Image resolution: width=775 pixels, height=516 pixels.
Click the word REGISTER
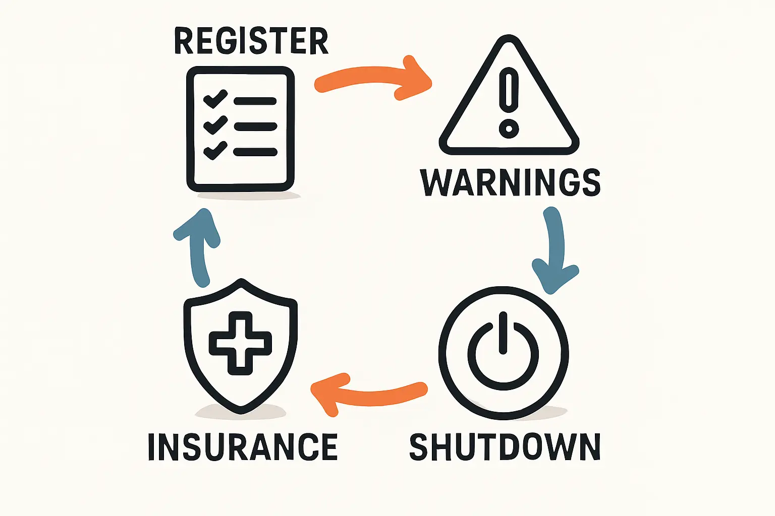[251, 41]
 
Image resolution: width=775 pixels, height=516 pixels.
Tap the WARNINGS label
[510, 183]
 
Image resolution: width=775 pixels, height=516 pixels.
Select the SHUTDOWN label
[505, 447]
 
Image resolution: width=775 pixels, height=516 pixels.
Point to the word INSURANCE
[243, 447]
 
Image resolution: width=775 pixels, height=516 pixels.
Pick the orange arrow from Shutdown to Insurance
[369, 395]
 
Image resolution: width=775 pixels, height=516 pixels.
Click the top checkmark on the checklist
[215, 98]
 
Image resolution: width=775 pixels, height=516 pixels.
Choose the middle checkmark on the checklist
[215, 124]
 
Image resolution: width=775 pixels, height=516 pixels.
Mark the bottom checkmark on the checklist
[215, 150]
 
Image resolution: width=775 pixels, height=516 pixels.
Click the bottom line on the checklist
[256, 152]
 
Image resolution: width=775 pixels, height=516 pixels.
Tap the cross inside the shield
[241, 343]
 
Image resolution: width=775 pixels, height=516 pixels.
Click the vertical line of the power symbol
[503, 333]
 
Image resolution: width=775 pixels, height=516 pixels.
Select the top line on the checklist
[255, 101]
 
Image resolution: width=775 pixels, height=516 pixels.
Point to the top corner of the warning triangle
[509, 36]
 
